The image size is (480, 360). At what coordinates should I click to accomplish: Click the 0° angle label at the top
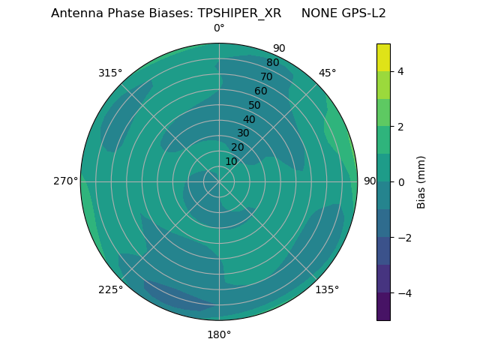pos(219,28)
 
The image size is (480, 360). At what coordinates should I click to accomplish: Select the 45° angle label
pos(327,73)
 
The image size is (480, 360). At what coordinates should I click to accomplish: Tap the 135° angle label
pos(327,289)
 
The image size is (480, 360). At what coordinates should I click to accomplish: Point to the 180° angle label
pos(219,334)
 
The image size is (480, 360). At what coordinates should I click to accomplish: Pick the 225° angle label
pos(110,289)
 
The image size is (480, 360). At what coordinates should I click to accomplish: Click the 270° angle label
pos(65,181)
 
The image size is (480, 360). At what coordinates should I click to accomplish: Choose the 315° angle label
pos(110,73)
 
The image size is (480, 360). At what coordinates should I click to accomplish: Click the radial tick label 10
pos(231,161)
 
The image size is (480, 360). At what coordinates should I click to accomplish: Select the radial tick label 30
pos(243,133)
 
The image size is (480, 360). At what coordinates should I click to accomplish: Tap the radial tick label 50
pos(255,106)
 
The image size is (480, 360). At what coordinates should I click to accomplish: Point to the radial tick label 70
pos(266,77)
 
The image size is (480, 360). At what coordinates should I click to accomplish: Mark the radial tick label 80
pos(272,63)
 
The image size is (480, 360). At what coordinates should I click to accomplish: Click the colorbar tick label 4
pos(400,71)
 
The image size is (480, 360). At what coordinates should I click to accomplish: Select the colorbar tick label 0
pos(400,182)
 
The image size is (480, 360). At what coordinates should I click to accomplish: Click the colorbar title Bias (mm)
pos(421,182)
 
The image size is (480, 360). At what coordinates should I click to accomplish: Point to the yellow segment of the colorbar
pos(383,57)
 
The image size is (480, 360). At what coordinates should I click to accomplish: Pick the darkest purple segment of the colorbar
pos(383,307)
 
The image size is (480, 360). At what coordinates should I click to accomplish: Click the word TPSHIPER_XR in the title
pos(240,13)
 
